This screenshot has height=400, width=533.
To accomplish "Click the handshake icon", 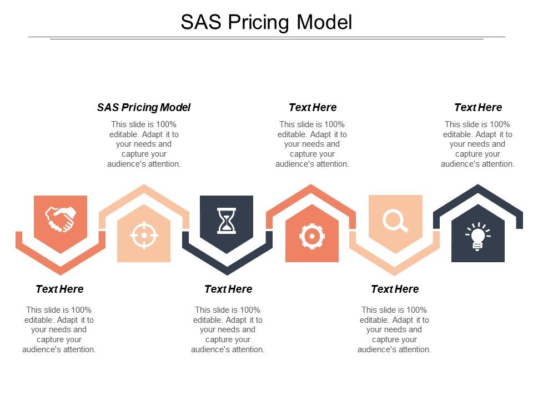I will tap(60, 219).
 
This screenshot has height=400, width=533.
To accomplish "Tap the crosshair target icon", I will tap(144, 235).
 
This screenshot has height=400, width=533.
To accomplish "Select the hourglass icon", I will tap(227, 221).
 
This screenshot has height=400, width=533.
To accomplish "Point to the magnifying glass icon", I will tap(395, 221).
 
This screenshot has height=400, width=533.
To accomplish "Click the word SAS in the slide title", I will tap(200, 22).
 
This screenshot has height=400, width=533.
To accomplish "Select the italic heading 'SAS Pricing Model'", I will tap(144, 107).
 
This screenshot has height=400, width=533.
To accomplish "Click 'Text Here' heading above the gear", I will tap(313, 107).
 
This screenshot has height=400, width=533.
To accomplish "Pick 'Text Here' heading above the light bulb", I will tap(478, 107).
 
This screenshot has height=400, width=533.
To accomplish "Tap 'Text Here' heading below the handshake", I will tap(59, 289).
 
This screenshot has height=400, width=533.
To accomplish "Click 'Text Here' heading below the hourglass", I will tap(228, 289).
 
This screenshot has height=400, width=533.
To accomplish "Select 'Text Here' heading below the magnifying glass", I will tap(395, 289).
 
